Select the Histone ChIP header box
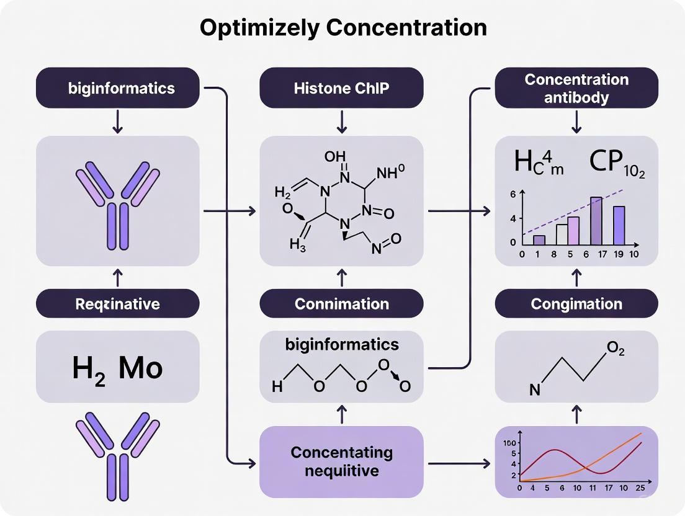(x=341, y=88)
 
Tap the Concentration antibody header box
(x=576, y=88)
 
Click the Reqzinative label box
(x=118, y=303)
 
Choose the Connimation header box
(x=341, y=304)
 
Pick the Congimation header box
(x=576, y=304)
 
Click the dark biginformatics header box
(x=118, y=88)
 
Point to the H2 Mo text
(x=118, y=367)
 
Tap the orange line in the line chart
(x=614, y=453)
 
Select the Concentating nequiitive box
(x=341, y=461)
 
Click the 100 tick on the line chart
(x=511, y=443)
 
